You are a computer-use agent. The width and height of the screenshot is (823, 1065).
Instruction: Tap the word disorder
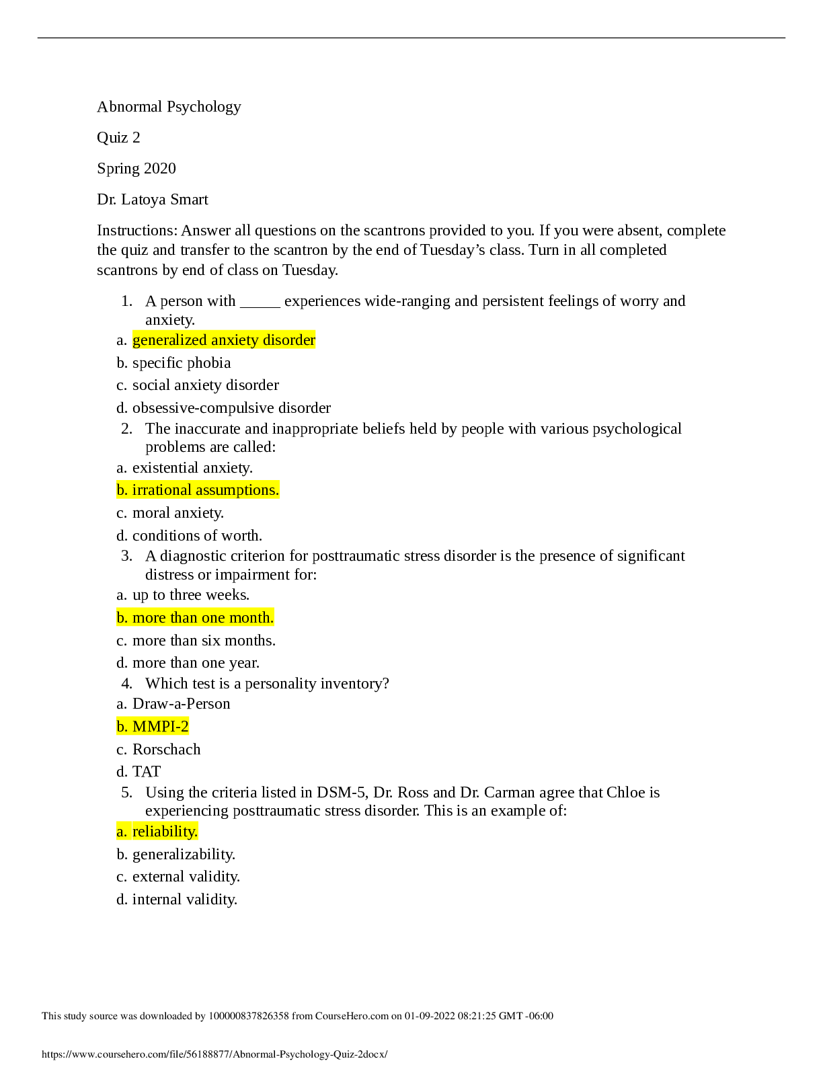click(289, 340)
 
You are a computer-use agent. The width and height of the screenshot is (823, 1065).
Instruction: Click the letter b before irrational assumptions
click(121, 490)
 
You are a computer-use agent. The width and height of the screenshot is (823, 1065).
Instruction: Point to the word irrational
click(162, 490)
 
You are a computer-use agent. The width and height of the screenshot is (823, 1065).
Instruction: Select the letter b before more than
click(121, 618)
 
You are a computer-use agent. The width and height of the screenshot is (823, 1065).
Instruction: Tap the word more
click(149, 618)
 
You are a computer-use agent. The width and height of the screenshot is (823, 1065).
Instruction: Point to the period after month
click(272, 620)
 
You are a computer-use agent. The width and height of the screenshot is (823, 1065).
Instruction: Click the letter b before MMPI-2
click(121, 727)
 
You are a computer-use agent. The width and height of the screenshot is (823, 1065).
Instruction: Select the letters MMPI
click(153, 727)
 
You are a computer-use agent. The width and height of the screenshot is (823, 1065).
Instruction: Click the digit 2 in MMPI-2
click(185, 727)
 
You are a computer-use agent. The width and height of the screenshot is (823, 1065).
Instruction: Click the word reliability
click(163, 832)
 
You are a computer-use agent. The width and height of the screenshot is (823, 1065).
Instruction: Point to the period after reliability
click(196, 834)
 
